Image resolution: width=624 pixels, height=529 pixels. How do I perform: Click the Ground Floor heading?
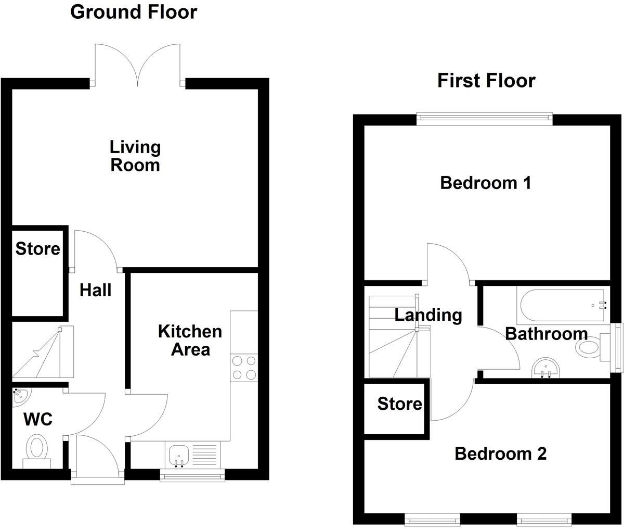tap(134, 12)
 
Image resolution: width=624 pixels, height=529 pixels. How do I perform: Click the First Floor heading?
tap(486, 81)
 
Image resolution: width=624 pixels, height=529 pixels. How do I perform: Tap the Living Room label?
tap(135, 156)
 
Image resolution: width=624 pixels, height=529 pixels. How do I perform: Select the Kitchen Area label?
tap(190, 340)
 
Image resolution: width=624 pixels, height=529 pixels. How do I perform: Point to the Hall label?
tap(95, 290)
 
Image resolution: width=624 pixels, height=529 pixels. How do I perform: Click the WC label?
tap(37, 419)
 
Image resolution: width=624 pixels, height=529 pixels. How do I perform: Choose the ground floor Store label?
tap(37, 249)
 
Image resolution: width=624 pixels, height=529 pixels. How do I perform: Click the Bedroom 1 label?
tap(485, 183)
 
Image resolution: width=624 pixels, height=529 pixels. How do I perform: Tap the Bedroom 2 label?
tap(500, 454)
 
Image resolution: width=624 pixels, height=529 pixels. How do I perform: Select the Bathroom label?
tap(546, 333)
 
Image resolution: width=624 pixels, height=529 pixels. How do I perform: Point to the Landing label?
tap(428, 315)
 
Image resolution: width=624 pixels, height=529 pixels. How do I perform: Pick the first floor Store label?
tap(399, 404)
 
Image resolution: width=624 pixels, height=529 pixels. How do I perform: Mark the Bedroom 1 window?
tap(484, 120)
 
